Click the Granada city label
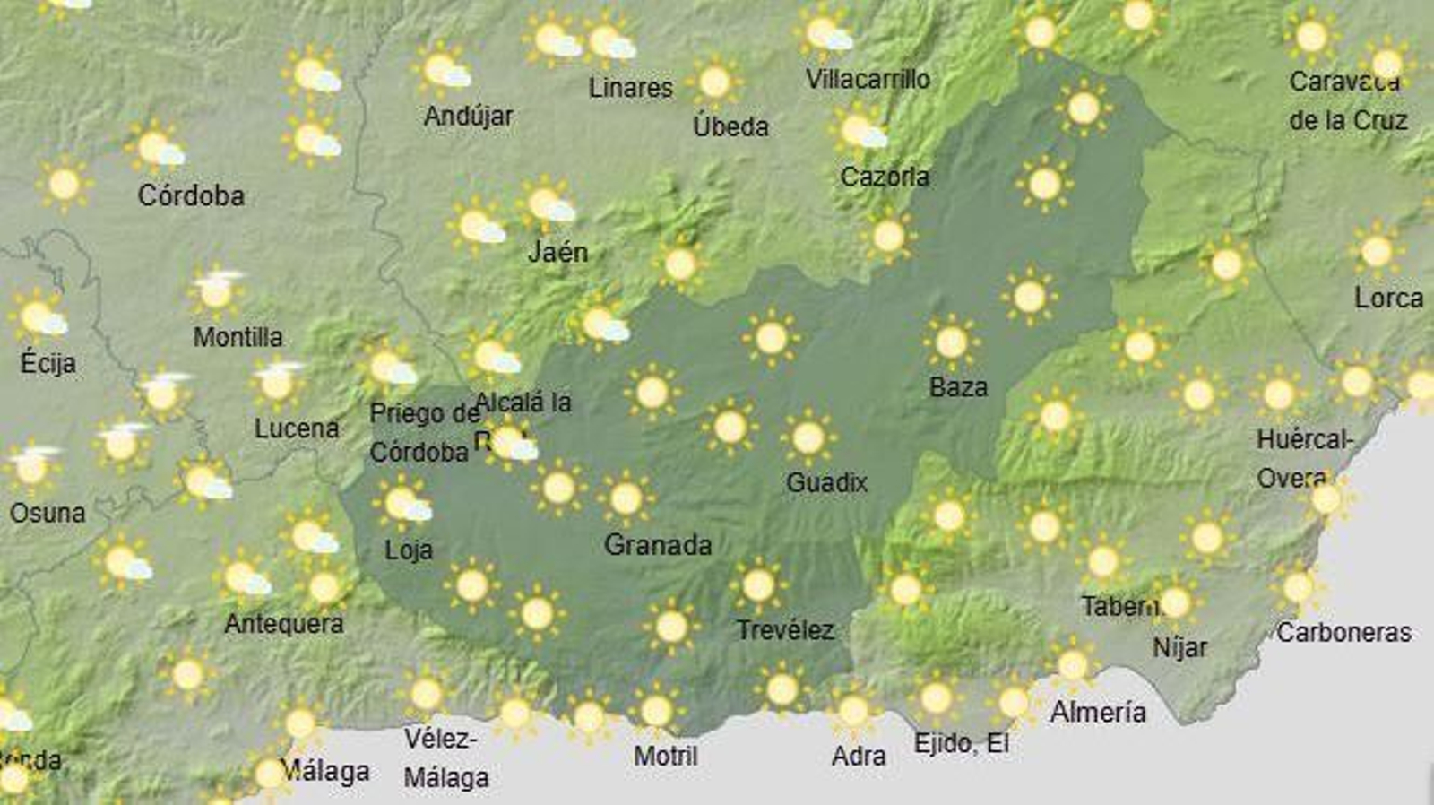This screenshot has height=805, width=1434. tap(658, 544)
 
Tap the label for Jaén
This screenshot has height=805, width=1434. tap(557, 252)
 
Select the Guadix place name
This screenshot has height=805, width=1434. tap(826, 483)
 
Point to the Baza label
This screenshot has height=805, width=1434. tap(958, 387)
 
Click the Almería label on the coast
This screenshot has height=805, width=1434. tap(1098, 712)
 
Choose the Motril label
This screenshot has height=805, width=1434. tap(665, 756)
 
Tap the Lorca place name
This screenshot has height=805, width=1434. tap(1388, 298)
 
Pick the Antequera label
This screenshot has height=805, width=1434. tap(283, 623)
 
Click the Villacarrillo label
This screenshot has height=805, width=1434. tap(867, 79)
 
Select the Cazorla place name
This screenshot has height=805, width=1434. tap(884, 177)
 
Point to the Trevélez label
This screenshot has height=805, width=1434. tap(785, 630)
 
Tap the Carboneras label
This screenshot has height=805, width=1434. tap(1343, 632)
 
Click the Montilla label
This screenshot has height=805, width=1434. tap(238, 337)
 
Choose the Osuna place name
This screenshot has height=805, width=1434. tap(48, 513)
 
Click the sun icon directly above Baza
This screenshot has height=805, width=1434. tap(951, 342)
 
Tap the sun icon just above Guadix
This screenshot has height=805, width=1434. tap(808, 437)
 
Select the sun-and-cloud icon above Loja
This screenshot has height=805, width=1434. tap(404, 503)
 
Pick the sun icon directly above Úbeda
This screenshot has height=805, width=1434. tap(714, 82)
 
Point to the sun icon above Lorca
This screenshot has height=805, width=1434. tap(1377, 250)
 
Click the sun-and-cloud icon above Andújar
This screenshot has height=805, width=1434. tap(445, 70)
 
